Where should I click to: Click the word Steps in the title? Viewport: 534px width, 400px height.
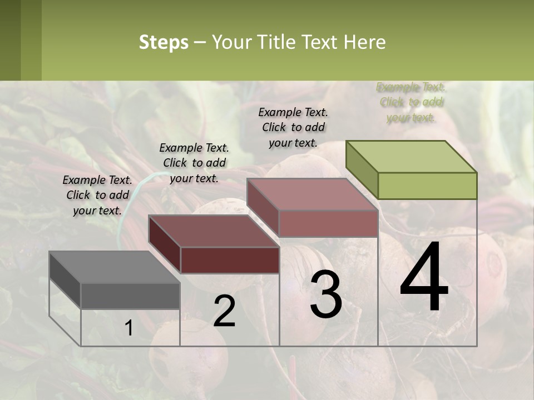(164, 42)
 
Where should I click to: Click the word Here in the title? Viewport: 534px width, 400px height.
(364, 42)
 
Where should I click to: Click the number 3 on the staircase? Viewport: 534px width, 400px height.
(325, 294)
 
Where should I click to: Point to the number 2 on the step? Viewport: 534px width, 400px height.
(224, 311)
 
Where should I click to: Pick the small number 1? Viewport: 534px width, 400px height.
(128, 328)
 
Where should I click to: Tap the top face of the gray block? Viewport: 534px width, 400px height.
(115, 267)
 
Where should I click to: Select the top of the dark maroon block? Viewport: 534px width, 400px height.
(214, 231)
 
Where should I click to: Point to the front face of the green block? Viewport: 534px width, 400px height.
(427, 186)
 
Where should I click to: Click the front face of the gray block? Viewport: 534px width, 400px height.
(130, 296)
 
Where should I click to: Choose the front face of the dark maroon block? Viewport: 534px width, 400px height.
(230, 260)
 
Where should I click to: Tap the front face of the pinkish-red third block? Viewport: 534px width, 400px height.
(328, 223)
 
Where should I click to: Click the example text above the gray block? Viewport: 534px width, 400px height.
(97, 195)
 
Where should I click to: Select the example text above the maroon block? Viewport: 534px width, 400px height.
(194, 163)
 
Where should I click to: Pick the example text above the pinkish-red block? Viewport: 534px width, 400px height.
(293, 127)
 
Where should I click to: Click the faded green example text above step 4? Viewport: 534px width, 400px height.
(411, 102)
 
